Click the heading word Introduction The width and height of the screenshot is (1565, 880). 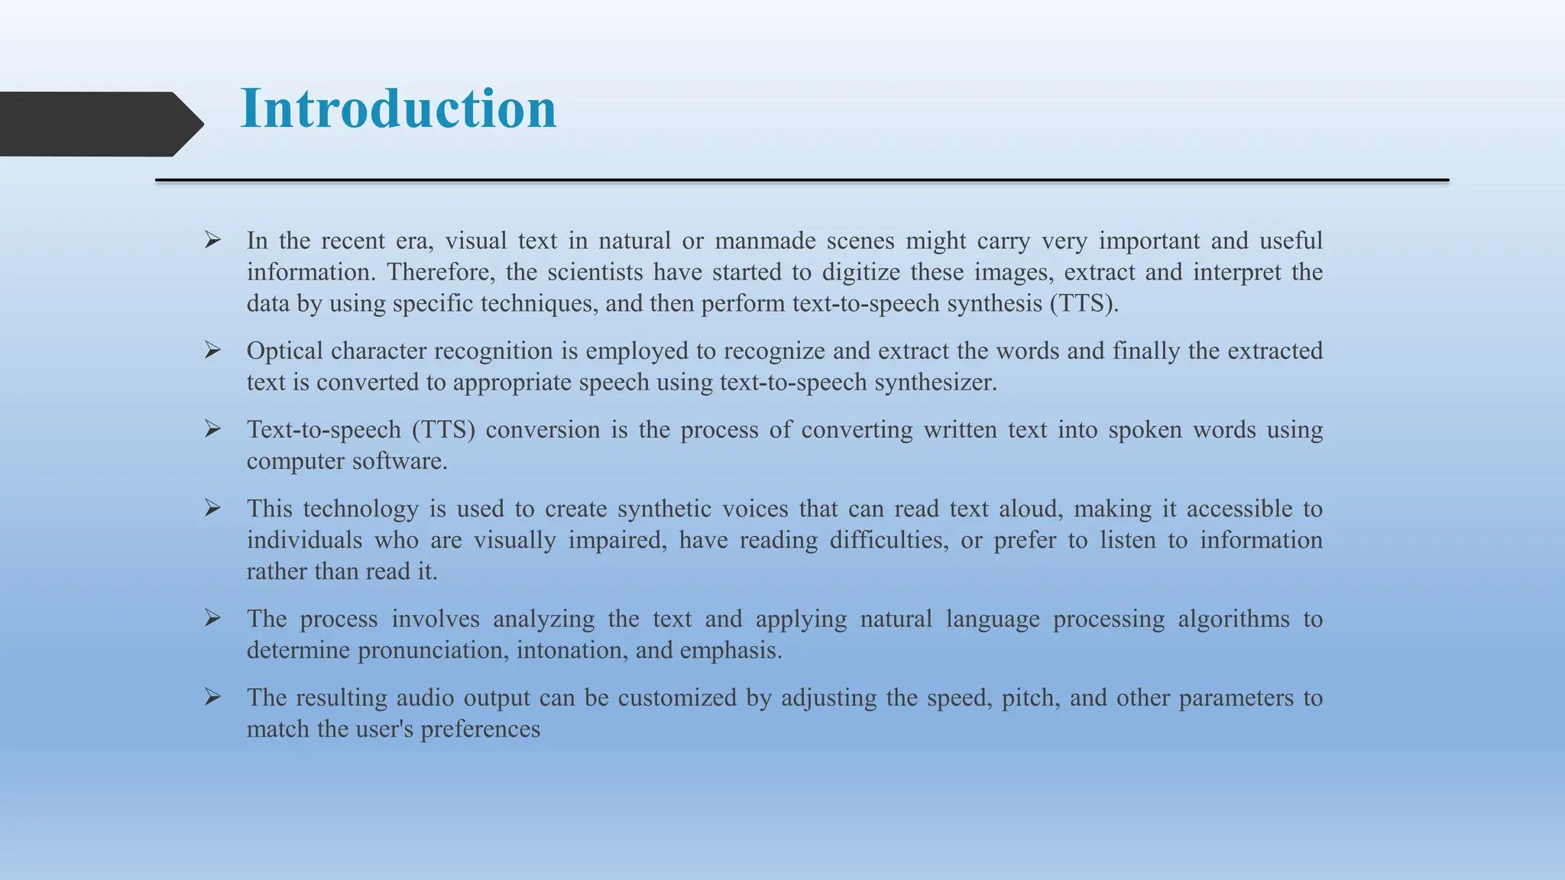point(398,108)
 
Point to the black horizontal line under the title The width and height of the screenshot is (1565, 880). point(802,180)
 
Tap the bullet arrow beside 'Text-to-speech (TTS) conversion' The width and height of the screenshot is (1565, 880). point(212,429)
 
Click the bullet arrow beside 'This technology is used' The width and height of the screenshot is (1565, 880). point(212,508)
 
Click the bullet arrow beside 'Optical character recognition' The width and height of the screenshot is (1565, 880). point(212,350)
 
